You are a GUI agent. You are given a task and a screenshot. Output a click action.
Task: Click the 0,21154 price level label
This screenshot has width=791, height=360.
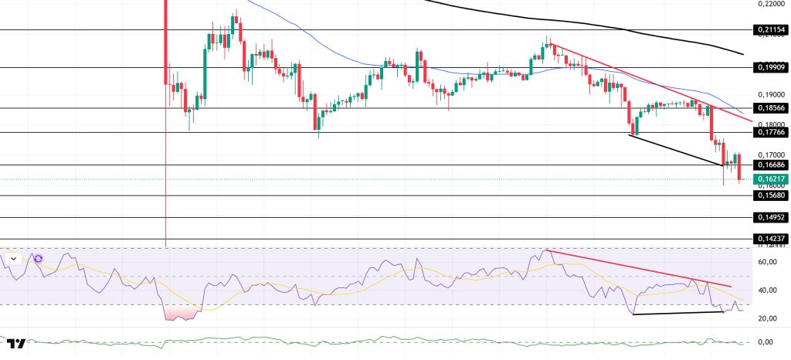pyautogui.click(x=769, y=30)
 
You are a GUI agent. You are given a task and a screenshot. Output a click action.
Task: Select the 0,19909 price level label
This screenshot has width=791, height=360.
pyautogui.click(x=769, y=67)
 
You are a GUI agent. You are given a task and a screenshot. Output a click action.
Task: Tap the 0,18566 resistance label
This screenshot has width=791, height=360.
pyautogui.click(x=769, y=108)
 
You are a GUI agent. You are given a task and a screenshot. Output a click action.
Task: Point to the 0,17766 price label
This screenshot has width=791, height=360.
pyautogui.click(x=769, y=132)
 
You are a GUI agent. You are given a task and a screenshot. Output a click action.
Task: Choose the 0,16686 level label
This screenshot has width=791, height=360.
pyautogui.click(x=769, y=165)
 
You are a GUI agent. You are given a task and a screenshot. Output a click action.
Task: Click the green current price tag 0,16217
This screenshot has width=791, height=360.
pyautogui.click(x=769, y=179)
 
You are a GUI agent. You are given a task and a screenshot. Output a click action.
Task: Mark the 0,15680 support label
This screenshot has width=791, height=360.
pyautogui.click(x=769, y=195)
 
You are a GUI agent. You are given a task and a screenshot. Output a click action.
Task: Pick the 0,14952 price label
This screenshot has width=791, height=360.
pyautogui.click(x=769, y=217)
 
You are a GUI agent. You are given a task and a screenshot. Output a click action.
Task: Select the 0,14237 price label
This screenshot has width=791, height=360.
pyautogui.click(x=769, y=239)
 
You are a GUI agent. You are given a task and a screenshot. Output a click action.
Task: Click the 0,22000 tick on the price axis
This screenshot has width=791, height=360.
pyautogui.click(x=769, y=4)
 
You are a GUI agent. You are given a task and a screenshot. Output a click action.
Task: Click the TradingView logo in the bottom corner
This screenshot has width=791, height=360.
pyautogui.click(x=17, y=344)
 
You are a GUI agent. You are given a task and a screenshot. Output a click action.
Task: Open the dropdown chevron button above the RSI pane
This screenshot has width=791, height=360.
pyautogui.click(x=13, y=259)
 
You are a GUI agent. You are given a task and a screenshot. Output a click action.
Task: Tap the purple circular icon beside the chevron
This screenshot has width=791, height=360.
pyautogui.click(x=39, y=259)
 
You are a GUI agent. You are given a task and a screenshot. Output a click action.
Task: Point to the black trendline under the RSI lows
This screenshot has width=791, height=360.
pyautogui.click(x=680, y=313)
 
